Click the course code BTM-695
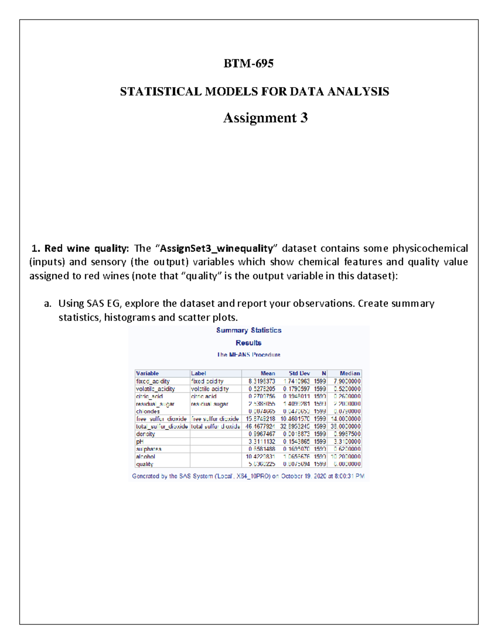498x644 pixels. [x=249, y=63]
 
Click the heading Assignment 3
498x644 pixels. [x=265, y=118]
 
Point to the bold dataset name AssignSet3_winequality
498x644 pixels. [x=217, y=248]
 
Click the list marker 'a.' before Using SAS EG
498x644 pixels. [x=48, y=304]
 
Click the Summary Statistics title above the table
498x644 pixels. [x=249, y=330]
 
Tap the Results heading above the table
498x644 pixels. [x=249, y=343]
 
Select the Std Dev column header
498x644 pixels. [x=299, y=373]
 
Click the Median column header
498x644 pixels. [x=349, y=373]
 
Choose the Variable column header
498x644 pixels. [x=147, y=373]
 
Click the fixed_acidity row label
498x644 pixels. [x=153, y=381]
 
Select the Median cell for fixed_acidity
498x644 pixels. [x=347, y=381]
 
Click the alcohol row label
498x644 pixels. [x=145, y=457]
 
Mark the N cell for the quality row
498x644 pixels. [x=320, y=464]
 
